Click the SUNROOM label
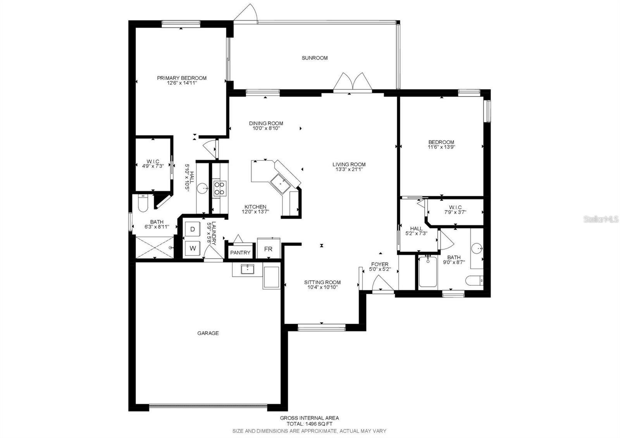(x=315, y=58)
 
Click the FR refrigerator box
(x=268, y=249)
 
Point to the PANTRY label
(x=240, y=253)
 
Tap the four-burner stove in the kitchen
(x=219, y=188)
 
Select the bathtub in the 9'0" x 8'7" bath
(x=427, y=272)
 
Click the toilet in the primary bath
(x=141, y=203)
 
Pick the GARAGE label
(x=208, y=333)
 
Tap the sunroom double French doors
(x=350, y=82)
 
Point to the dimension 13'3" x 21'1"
(x=349, y=169)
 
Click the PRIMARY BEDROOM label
(x=182, y=78)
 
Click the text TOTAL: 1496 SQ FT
(x=309, y=424)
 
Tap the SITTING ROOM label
(x=322, y=282)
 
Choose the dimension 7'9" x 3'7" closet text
(x=455, y=212)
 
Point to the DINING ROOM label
(x=266, y=123)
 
